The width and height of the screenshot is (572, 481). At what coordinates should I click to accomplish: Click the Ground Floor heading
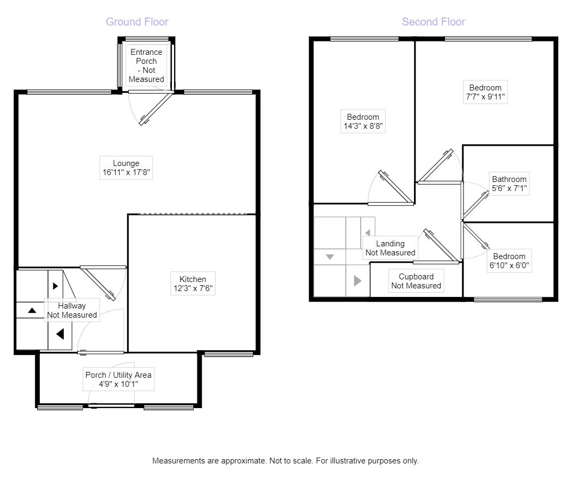coord(137,22)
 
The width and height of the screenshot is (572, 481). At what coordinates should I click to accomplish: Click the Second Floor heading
coord(433,22)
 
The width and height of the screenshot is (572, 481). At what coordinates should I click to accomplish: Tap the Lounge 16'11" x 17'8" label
coord(126,168)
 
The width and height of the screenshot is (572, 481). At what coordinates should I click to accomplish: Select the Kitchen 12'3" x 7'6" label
coord(192,284)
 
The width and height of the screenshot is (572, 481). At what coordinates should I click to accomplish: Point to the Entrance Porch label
coord(146,65)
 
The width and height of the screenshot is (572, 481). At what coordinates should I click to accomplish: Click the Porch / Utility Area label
coord(118,379)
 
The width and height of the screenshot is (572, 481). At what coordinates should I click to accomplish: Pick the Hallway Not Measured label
coord(72,310)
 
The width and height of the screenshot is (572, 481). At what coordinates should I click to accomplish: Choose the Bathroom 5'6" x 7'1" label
coord(509,184)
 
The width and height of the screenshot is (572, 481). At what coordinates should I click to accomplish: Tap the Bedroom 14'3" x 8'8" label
coord(363,122)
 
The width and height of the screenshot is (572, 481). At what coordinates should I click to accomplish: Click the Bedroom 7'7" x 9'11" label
coord(485,92)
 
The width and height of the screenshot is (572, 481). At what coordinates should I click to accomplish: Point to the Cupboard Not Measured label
coord(416,281)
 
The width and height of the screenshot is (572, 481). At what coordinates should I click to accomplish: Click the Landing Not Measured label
coord(390,248)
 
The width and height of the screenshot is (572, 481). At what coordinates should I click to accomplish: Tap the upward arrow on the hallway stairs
coord(32,310)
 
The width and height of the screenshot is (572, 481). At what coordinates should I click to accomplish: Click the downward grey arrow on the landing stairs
coord(329,257)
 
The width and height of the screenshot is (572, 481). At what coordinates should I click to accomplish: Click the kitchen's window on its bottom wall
coord(228,353)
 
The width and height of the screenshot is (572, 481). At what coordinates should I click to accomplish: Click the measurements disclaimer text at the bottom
coord(285,461)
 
